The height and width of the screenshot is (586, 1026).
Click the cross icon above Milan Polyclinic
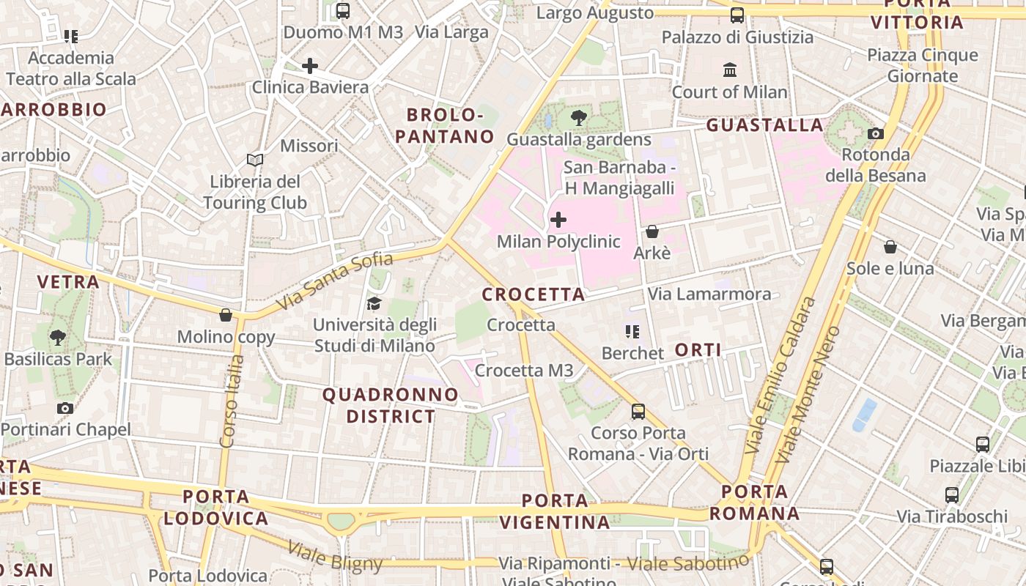[558, 220]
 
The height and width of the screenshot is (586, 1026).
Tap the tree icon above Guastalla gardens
[579, 117]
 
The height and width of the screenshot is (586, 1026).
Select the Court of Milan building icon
[730, 70]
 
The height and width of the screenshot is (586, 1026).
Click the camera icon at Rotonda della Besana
[875, 133]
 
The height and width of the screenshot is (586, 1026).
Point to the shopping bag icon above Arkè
[652, 231]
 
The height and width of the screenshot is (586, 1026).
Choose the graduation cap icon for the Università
[374, 303]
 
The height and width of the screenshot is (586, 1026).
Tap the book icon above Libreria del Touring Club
[255, 160]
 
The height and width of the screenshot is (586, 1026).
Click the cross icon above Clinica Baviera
[310, 66]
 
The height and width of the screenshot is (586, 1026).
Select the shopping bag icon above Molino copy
[226, 315]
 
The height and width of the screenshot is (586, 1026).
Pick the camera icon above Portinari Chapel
[65, 408]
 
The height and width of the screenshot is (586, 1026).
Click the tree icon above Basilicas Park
[58, 338]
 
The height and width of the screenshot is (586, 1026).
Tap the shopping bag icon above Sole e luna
[890, 247]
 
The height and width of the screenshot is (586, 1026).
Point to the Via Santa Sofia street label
[336, 281]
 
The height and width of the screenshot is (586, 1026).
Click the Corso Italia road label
[231, 401]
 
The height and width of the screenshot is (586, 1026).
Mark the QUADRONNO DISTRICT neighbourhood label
[391, 406]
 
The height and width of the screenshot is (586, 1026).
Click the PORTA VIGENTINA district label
[555, 511]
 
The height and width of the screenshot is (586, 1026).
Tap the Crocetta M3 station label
[524, 371]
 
